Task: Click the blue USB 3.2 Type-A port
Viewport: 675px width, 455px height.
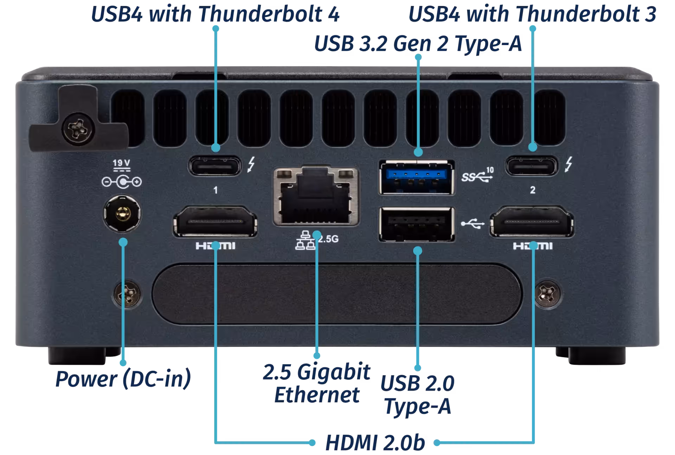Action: click(x=417, y=177)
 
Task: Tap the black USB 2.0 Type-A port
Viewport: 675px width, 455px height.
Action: click(x=417, y=224)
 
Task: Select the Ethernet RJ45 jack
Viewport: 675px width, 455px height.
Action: click(x=316, y=196)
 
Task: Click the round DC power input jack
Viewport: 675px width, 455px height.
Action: click(x=122, y=214)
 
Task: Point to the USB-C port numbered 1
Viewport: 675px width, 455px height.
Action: click(x=215, y=166)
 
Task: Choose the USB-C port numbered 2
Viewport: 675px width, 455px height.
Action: click(x=532, y=166)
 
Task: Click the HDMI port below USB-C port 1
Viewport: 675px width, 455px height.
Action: click(x=215, y=222)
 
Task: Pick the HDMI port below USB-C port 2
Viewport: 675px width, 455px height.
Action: click(x=532, y=222)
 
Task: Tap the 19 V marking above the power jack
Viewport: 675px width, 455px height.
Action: click(x=121, y=163)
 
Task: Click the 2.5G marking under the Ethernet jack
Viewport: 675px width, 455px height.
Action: click(x=328, y=239)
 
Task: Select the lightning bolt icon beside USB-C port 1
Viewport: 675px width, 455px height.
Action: click(x=251, y=164)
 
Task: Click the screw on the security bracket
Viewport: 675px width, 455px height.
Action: click(x=78, y=129)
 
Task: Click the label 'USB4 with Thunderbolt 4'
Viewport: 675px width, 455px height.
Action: click(x=215, y=14)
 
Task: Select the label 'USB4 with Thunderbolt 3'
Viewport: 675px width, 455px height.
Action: click(x=532, y=14)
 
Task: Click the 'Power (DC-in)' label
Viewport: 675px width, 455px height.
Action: click(x=123, y=379)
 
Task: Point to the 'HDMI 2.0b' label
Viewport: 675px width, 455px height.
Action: click(x=375, y=442)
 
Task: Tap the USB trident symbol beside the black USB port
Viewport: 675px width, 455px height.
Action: click(x=473, y=223)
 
